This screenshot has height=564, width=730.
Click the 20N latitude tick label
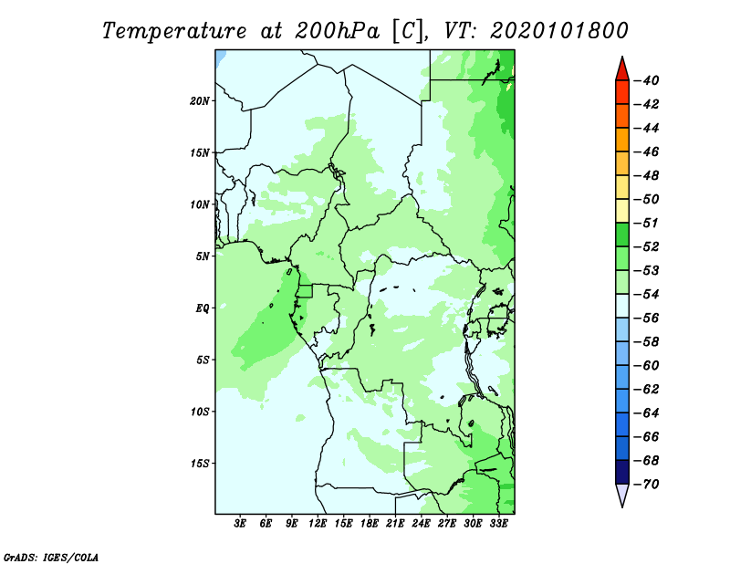coord(200,101)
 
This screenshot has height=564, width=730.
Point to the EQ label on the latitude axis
coord(203,308)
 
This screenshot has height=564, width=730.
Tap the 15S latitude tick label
coord(200,464)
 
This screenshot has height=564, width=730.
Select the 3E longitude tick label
coord(240,524)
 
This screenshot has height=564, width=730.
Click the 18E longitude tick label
coord(370,524)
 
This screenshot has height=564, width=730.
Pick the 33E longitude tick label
coord(498,524)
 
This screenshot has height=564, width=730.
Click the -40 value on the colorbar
coord(647,80)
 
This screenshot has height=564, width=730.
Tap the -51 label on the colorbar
coord(647,223)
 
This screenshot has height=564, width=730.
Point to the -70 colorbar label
coord(647,485)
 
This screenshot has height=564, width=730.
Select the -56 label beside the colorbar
coord(647,319)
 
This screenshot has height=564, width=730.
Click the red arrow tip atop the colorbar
coord(622,57)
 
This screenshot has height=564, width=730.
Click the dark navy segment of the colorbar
coord(622,472)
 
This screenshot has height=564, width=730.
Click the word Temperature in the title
coord(174,31)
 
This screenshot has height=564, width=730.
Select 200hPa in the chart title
coord(338,31)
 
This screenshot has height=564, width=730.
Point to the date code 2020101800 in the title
coord(559,31)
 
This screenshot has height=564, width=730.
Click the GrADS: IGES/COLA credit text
coord(51,557)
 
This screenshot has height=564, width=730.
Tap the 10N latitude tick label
coord(200,205)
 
